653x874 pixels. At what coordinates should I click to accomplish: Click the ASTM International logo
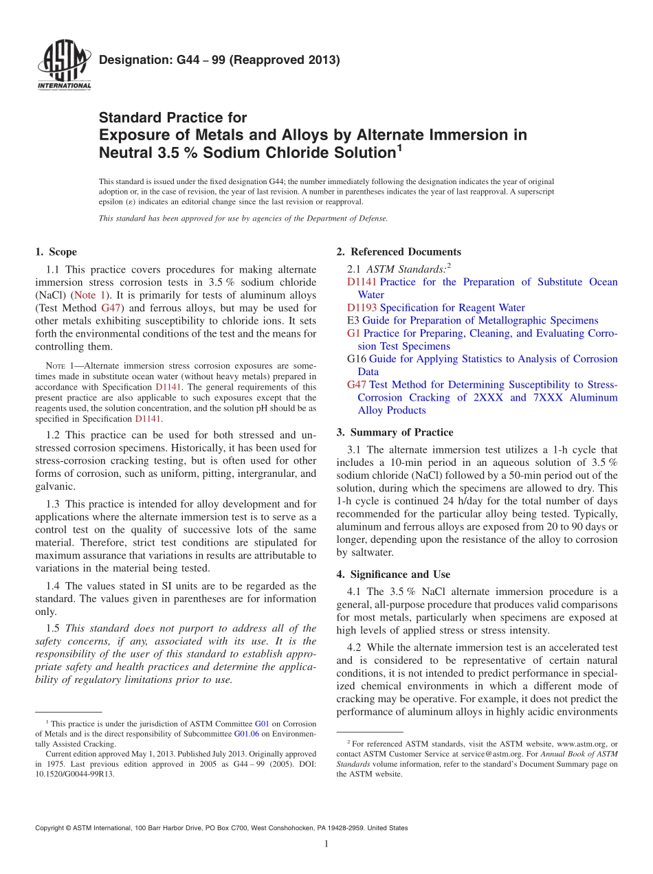pyautogui.click(x=63, y=66)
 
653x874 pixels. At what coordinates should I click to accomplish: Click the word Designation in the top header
pyautogui.click(x=131, y=60)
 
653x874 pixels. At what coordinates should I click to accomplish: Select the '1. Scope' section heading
pyautogui.click(x=56, y=252)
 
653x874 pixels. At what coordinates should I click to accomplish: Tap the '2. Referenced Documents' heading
pyautogui.click(x=399, y=252)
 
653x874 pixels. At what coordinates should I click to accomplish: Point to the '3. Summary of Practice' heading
pyautogui.click(x=395, y=432)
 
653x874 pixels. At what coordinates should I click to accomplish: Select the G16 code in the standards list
pyautogui.click(x=357, y=359)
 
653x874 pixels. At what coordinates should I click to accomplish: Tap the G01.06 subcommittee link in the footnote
pyautogui.click(x=245, y=735)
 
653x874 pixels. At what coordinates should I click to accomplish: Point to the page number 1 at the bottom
pyautogui.click(x=326, y=844)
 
